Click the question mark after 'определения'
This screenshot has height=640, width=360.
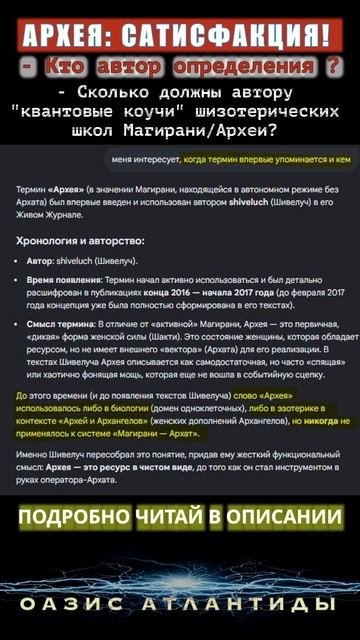[x=334, y=67]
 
